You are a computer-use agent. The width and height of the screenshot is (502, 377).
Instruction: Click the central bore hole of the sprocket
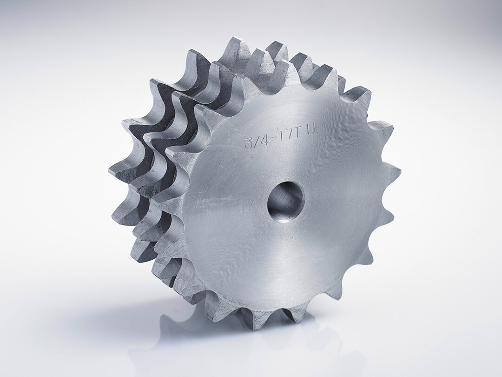pos(285,201)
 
